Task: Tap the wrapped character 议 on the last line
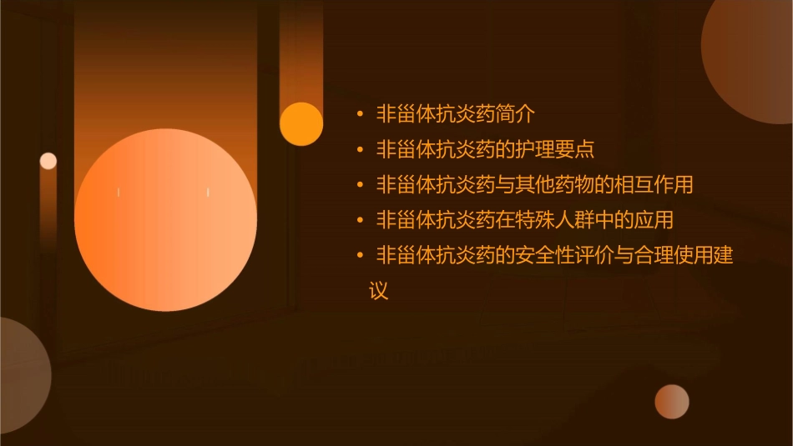pos(379,291)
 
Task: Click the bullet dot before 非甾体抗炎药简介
pos(360,114)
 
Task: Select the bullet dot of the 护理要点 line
pos(360,150)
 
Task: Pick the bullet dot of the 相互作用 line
pos(360,185)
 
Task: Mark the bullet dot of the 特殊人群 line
pos(360,221)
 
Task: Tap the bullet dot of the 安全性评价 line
pos(360,256)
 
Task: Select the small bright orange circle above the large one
pos(301,123)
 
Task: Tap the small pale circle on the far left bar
pos(48,161)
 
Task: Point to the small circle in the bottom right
pos(672,401)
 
